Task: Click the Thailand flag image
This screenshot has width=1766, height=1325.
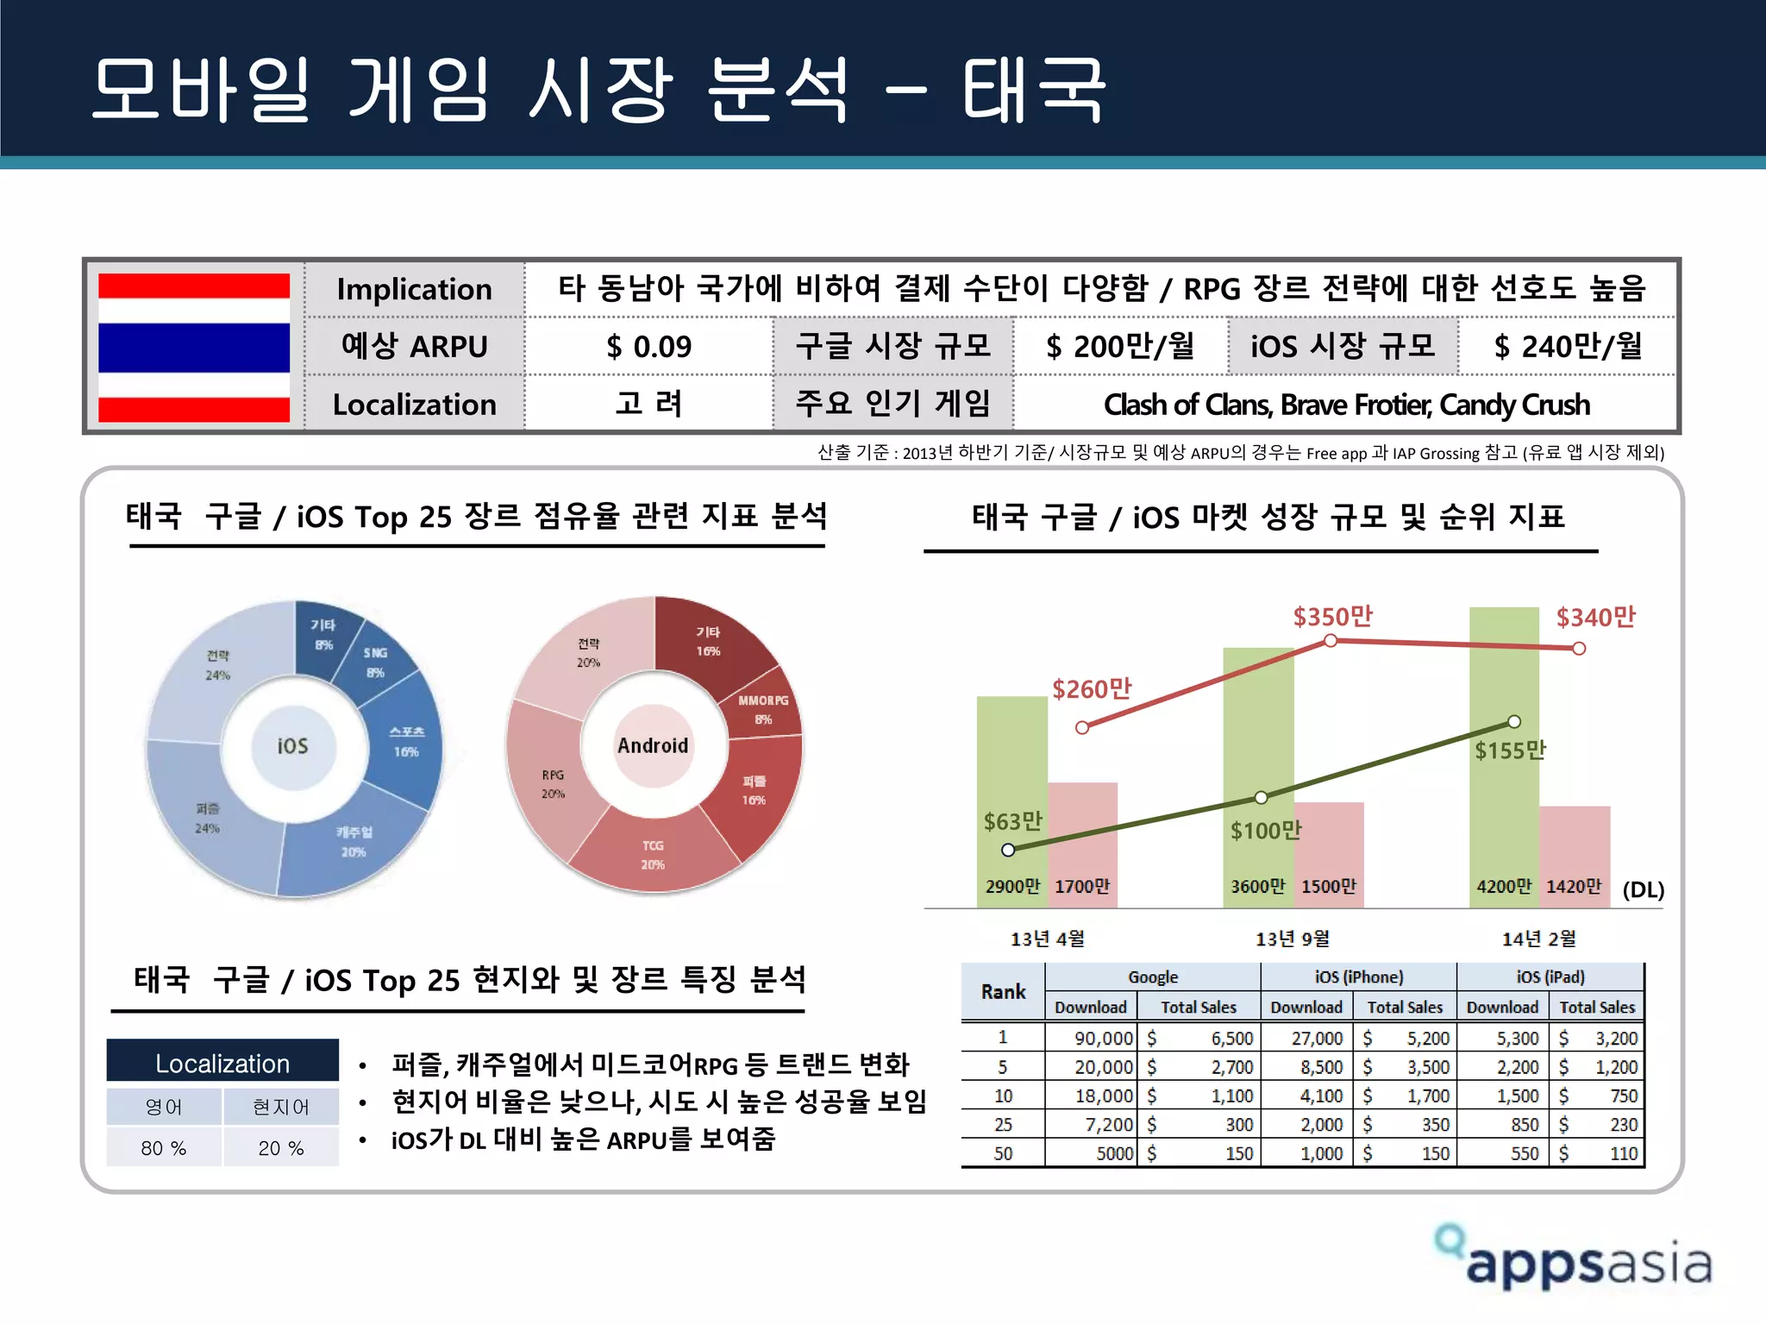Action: coord(194,347)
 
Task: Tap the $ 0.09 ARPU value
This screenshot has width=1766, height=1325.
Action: coord(648,347)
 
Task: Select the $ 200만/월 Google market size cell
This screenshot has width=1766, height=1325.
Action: coord(1120,347)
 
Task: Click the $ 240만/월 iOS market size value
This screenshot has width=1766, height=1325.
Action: coord(1568,347)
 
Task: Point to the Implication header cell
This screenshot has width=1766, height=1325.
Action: coord(414,289)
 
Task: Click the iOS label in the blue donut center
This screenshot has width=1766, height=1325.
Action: coord(292,746)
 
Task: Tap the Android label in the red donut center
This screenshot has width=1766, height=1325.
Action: coord(653,745)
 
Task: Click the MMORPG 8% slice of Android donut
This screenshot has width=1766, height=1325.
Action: coord(764,709)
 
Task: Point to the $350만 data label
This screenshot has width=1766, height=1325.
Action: coord(1332,617)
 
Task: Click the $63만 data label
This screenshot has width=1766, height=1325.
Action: coord(1013,821)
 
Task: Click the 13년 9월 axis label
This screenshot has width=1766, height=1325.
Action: coord(1293,939)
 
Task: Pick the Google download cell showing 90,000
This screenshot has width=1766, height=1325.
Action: coord(1092,1039)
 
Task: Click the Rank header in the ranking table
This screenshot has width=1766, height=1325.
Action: coord(1003,992)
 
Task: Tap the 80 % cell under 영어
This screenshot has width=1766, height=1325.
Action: coord(164,1148)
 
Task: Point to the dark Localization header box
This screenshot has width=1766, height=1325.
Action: coord(222,1062)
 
